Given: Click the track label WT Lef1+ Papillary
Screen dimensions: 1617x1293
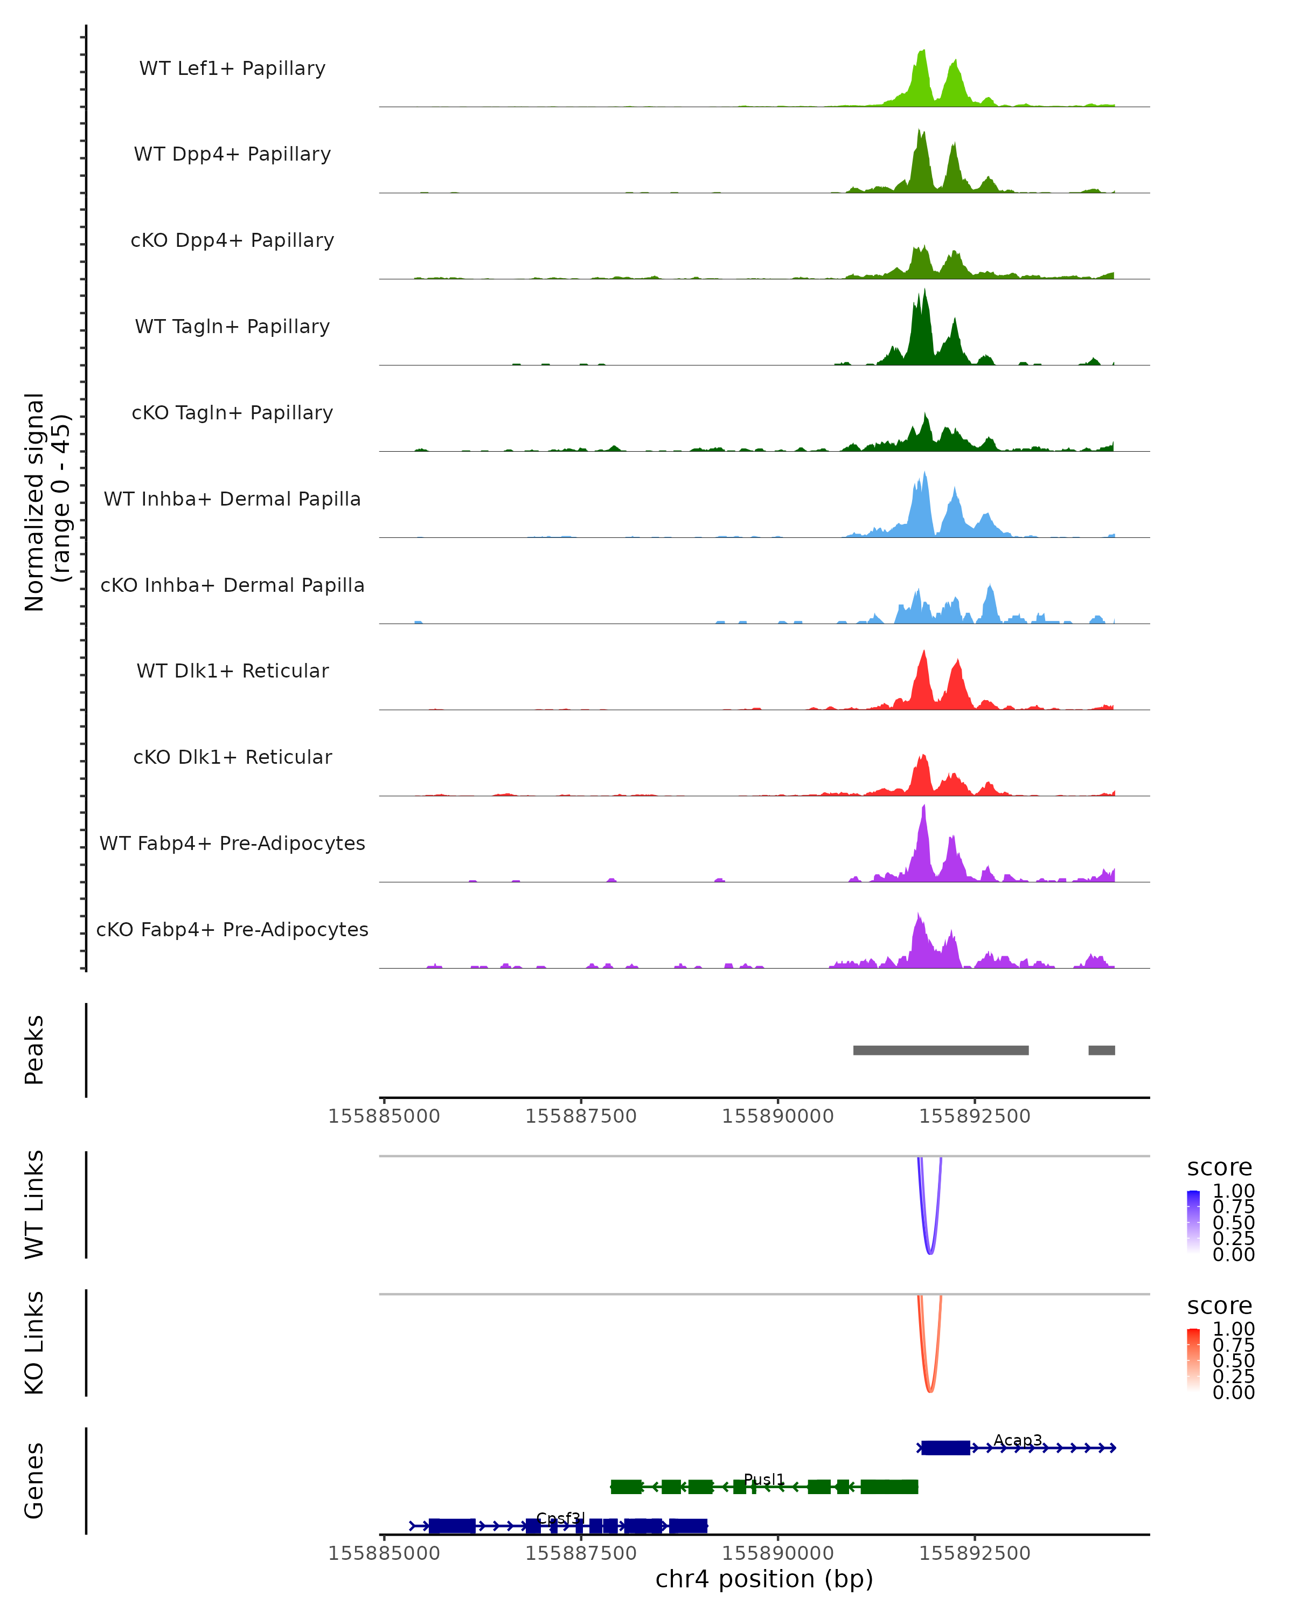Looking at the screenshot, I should [232, 68].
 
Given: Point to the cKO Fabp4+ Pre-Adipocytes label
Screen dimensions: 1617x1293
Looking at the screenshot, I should [232, 929].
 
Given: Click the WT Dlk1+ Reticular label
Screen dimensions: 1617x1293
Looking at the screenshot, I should [232, 671].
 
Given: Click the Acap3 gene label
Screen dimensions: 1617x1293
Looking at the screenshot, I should [1017, 1440].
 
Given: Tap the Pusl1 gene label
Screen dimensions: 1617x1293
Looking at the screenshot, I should [764, 1479].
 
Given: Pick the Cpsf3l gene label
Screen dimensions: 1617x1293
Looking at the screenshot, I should [560, 1518].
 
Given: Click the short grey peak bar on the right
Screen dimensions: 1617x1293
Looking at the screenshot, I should [1101, 1050].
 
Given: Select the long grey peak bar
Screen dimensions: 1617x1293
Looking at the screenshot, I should [941, 1050].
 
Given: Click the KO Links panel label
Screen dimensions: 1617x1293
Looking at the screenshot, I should [34, 1343].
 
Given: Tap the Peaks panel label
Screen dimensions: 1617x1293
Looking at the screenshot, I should [34, 1050].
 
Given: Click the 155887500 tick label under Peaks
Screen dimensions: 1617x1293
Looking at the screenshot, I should [581, 1116].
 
